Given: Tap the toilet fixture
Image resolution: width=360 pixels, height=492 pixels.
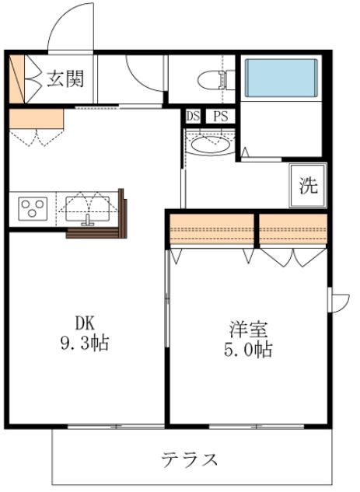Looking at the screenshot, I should (x=215, y=79).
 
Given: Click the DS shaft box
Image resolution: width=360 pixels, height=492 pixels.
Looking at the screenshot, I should (x=194, y=117).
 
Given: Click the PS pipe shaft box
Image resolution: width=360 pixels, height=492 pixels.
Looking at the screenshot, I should (x=220, y=117).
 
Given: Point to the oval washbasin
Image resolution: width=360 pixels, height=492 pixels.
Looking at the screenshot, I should (x=209, y=145).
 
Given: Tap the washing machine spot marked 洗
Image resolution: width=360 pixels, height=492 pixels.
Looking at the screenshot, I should (x=308, y=187).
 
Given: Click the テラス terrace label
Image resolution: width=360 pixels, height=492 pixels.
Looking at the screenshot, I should (x=189, y=459).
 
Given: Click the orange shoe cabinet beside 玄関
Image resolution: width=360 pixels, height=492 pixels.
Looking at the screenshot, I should (x=17, y=79).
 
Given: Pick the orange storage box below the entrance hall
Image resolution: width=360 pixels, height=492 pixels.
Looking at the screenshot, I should (x=36, y=118).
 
